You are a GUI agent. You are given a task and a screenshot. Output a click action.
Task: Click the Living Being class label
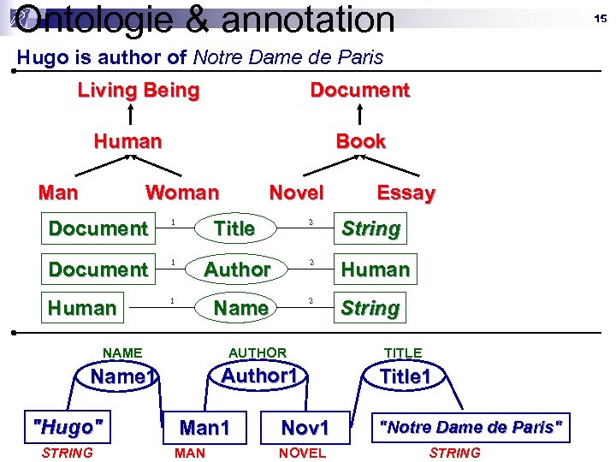point(139,90)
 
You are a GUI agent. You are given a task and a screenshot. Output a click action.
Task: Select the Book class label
point(360,141)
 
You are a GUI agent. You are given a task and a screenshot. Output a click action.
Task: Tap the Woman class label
point(182,192)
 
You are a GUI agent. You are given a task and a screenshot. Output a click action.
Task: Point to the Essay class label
point(406,193)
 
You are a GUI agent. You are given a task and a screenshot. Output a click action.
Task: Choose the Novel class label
point(296,192)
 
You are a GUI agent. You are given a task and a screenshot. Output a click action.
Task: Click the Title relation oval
point(234,228)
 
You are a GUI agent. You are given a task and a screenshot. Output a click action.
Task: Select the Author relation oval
point(237,269)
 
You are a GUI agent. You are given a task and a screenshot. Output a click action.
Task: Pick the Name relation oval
point(240,307)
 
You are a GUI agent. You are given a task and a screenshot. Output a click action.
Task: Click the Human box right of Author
point(376,269)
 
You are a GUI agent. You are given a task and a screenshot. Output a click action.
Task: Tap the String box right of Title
point(370,228)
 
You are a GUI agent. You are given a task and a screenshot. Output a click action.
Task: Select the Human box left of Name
point(82,307)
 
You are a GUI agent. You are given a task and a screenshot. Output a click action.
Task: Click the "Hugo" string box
point(67,425)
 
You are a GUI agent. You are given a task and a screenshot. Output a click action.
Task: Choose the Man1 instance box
point(204,427)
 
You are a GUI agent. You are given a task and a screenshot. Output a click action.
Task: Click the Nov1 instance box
point(305,427)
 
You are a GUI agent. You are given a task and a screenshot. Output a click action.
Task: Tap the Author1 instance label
point(258,376)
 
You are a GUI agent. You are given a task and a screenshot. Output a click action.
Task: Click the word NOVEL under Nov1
point(303,453)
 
